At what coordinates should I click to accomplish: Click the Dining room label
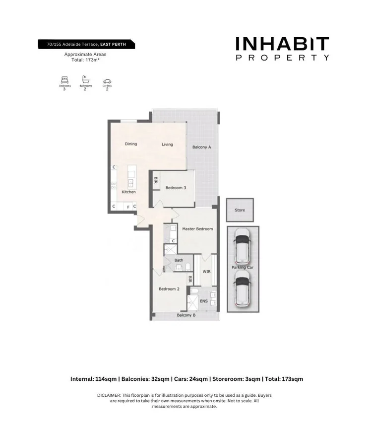click(131, 144)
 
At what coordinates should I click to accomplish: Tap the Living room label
click(167, 144)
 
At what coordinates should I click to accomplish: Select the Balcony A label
click(202, 147)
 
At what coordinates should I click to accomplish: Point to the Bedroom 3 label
click(176, 188)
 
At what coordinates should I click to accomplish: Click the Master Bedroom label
click(197, 229)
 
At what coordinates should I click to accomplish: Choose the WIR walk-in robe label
click(207, 272)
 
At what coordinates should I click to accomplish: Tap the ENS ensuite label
click(203, 301)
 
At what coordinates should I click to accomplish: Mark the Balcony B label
click(186, 315)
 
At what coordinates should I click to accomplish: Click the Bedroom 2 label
click(169, 289)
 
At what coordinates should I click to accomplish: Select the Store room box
click(240, 211)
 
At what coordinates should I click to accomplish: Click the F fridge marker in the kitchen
click(128, 207)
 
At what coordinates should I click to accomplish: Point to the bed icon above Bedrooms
click(64, 79)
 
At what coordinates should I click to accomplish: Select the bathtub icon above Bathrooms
click(85, 79)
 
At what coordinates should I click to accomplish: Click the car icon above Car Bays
click(107, 80)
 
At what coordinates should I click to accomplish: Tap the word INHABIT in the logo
click(282, 44)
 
